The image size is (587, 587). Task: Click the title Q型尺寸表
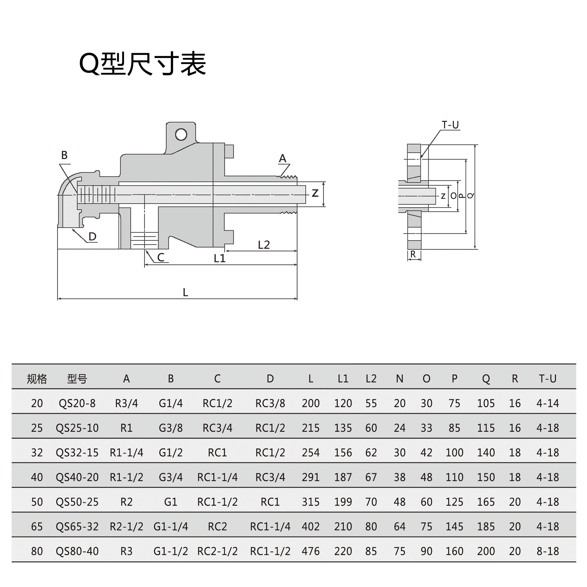point(143,64)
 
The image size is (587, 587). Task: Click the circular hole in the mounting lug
point(181,134)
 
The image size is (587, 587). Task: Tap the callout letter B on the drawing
point(64,155)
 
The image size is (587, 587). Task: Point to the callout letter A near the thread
point(282,158)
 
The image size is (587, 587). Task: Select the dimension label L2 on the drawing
point(264,245)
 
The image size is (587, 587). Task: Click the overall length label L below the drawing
point(185,292)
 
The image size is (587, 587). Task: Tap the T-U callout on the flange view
point(450,125)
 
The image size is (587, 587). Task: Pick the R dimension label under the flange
point(413,254)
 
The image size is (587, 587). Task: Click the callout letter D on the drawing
point(92,236)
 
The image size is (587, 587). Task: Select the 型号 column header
point(77,379)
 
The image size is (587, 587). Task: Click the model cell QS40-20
point(77,477)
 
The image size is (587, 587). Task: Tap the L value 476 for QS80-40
point(310,551)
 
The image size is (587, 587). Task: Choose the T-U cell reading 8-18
point(548,551)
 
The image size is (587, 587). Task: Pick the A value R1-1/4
point(126,453)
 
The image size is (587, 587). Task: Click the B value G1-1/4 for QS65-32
point(170,527)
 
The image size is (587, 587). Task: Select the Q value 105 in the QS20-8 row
point(486,403)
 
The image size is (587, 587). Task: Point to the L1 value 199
point(343,502)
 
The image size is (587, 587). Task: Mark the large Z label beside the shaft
point(315,193)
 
